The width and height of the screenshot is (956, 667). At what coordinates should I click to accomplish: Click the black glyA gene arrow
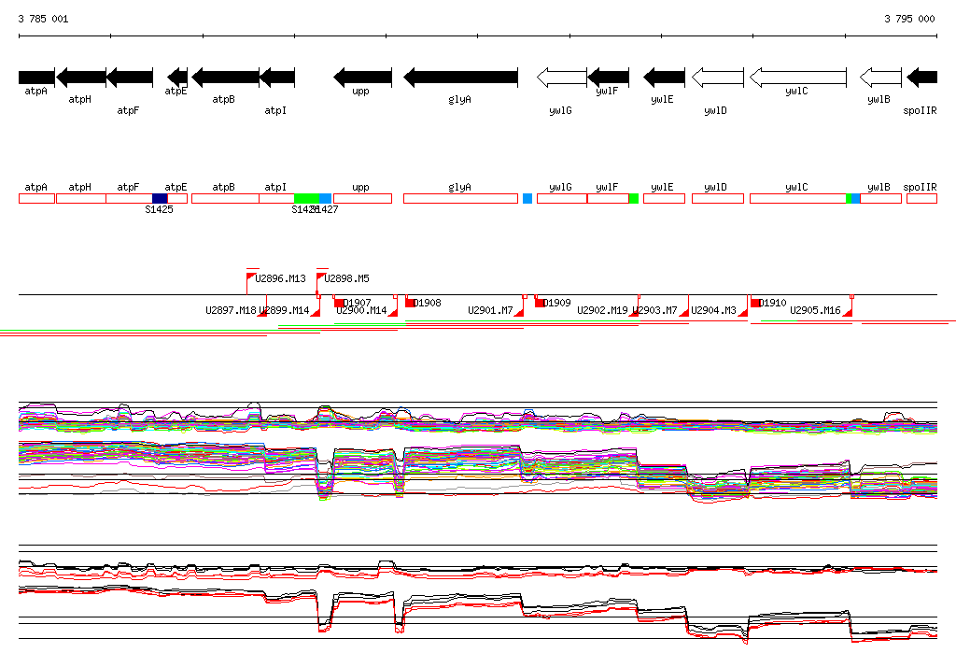[x=460, y=77]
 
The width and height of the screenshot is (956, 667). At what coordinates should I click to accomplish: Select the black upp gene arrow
[x=362, y=77]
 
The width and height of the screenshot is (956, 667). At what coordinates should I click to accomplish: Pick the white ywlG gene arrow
[x=561, y=77]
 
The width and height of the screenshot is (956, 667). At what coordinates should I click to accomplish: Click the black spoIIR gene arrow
[x=922, y=77]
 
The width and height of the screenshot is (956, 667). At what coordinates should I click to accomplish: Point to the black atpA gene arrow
[x=36, y=77]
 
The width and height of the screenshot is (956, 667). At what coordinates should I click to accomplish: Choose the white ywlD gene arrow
[x=717, y=77]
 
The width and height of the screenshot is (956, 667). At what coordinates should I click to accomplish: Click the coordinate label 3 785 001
[x=43, y=19]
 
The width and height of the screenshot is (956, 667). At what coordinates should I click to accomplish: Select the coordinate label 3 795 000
[x=909, y=19]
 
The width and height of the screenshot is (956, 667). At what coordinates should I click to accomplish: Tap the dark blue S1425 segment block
[x=160, y=198]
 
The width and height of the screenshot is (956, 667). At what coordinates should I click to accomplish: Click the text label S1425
[x=159, y=209]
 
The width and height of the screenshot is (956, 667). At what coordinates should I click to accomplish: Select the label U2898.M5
[x=347, y=278]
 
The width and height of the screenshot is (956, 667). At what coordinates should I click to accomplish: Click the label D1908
[x=427, y=303]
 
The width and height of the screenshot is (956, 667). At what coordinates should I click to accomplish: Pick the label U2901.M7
[x=490, y=310]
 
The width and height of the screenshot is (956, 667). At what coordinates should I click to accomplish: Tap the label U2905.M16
[x=815, y=310]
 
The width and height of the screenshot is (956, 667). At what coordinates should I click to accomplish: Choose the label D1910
[x=773, y=303]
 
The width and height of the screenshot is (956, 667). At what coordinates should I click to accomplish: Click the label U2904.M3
[x=713, y=310]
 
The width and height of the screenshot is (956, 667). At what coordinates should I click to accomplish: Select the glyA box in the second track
[x=459, y=198]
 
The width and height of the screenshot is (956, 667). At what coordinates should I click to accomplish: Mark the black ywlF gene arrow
[x=609, y=77]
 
